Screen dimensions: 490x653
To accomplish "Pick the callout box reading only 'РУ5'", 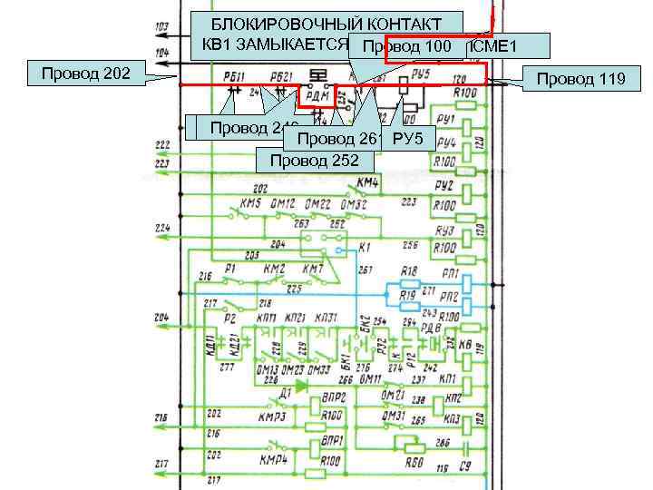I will click(x=409, y=139).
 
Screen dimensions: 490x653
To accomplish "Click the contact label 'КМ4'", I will click(x=366, y=183).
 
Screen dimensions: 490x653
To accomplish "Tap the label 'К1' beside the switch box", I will click(x=365, y=246).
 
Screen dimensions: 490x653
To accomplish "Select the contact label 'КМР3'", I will click(x=272, y=417).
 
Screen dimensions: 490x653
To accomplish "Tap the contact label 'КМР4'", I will click(x=272, y=460).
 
